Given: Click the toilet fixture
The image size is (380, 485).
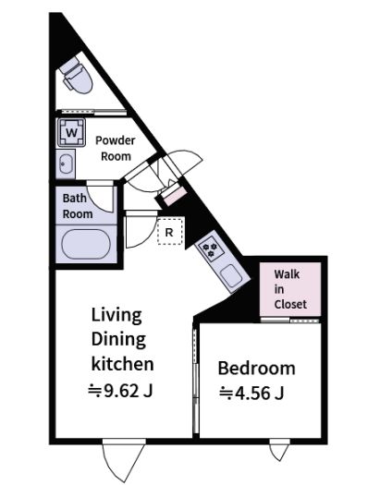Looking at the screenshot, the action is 76,76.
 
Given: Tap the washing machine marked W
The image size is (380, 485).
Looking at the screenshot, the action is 71,132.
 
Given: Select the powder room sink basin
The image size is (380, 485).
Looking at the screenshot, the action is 66,164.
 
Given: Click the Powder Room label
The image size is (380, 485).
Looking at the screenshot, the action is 116,149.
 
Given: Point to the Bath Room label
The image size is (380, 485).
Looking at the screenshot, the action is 78,206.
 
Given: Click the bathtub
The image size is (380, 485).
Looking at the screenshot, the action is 86,245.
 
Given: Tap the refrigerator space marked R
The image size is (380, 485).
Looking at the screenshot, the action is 169,232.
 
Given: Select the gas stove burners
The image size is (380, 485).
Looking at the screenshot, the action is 212,249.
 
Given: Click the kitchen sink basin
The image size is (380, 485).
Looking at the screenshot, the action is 231,276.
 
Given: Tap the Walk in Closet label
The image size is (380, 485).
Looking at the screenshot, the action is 290,289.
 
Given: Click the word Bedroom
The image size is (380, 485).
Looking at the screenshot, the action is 256,368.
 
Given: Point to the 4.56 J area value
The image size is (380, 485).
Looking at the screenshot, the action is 251,394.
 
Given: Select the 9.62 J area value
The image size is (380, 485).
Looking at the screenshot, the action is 120,391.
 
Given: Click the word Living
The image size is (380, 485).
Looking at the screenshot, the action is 116,316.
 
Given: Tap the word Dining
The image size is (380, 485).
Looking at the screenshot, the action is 118,340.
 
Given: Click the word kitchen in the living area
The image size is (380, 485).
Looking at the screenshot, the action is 123,364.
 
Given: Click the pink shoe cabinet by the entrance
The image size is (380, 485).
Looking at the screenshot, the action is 175,196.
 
